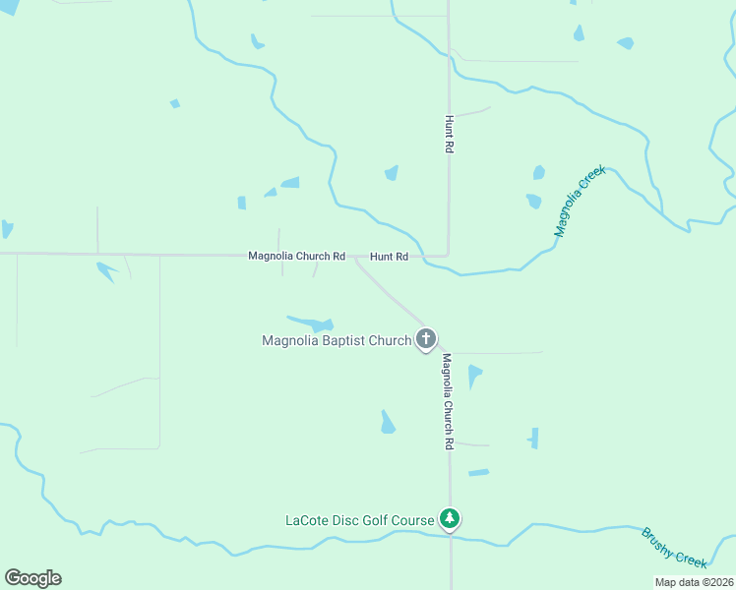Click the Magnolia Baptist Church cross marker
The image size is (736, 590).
(x=426, y=340)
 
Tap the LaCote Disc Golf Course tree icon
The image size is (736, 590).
(x=450, y=518)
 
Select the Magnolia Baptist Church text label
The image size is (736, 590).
(x=337, y=341)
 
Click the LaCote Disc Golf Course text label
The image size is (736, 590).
(x=359, y=520)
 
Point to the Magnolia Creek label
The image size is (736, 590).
(x=579, y=201)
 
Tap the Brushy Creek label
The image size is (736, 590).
(x=674, y=548)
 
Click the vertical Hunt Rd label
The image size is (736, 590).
(x=449, y=132)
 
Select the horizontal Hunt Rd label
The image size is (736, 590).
(x=389, y=257)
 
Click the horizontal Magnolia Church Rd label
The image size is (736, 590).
(x=296, y=257)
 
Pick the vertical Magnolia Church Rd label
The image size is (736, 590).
(x=447, y=401)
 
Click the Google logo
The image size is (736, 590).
(x=32, y=578)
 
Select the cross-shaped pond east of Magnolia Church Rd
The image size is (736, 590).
(x=533, y=438)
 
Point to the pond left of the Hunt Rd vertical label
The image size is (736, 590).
(x=392, y=173)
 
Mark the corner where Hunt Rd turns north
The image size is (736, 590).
(x=448, y=255)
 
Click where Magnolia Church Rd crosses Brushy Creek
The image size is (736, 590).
(x=451, y=537)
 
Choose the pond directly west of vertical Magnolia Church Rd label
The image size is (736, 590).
(x=387, y=422)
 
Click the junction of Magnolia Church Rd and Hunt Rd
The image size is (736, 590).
(x=354, y=258)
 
